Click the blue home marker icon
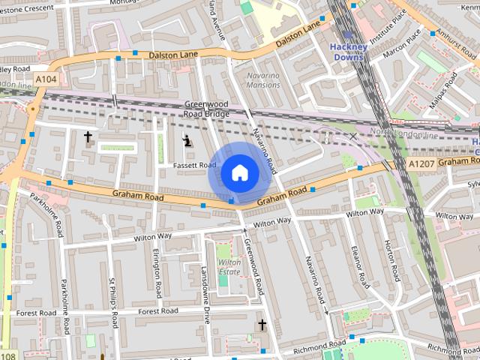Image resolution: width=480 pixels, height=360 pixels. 238,172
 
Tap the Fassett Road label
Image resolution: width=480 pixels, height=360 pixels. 194,165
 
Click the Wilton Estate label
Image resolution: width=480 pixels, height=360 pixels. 229,267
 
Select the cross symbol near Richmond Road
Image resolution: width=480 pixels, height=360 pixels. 262,325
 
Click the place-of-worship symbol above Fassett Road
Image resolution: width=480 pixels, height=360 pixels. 187,139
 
